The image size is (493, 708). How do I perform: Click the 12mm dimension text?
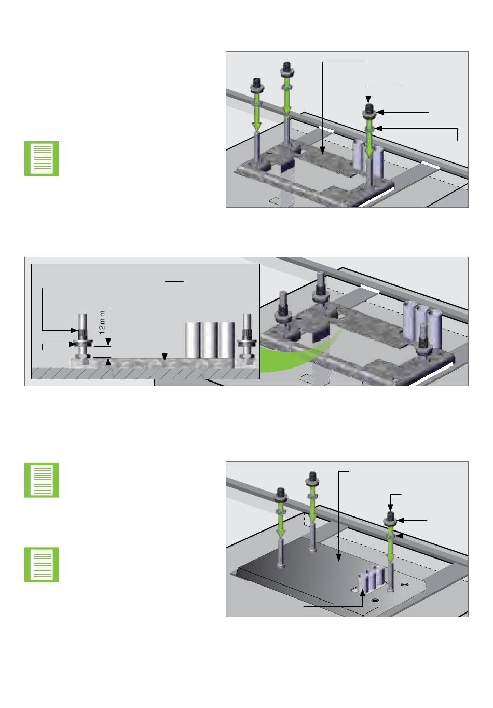(102, 322)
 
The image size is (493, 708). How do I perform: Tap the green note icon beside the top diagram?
(42, 158)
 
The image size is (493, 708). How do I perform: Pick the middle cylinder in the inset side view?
(210, 340)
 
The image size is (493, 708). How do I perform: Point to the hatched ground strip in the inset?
(145, 373)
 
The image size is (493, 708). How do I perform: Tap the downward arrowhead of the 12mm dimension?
(108, 342)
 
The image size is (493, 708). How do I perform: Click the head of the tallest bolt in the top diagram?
(286, 67)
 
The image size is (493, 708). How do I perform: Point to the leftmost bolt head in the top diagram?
(256, 84)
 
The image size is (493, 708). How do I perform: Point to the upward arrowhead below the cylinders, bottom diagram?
(363, 593)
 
